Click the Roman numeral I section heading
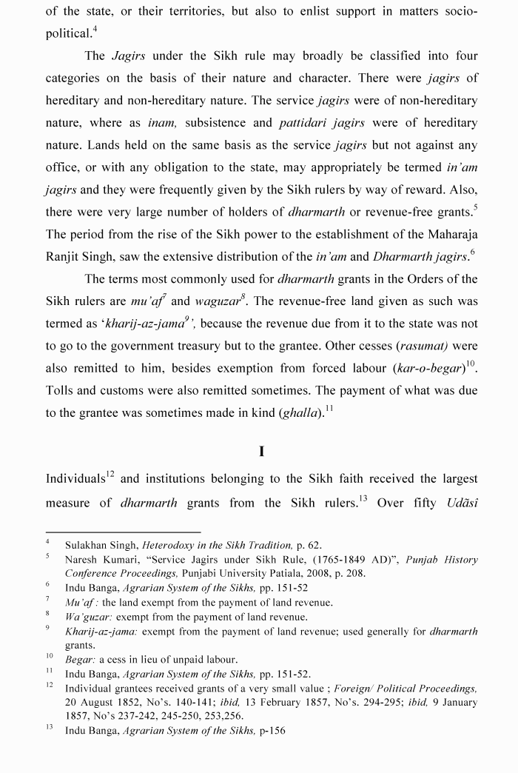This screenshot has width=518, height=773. (262, 452)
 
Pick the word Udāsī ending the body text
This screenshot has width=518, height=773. (462, 503)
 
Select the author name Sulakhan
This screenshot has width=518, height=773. (87, 545)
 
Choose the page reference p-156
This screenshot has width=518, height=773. (272, 730)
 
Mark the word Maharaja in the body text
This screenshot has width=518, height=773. (447, 235)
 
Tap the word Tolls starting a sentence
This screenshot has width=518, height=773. (62, 391)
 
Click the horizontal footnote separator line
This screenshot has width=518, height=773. (123, 532)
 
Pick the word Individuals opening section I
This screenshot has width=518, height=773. (77, 480)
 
